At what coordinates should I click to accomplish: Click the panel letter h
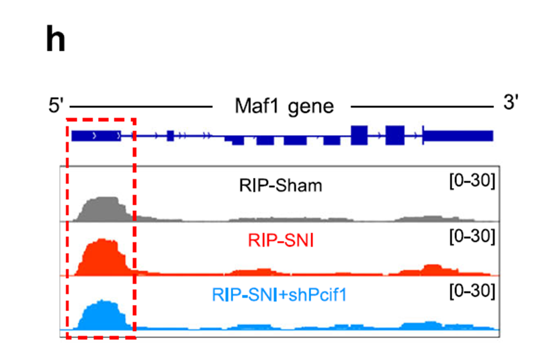(55, 41)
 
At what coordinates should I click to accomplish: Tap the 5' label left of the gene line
(56, 106)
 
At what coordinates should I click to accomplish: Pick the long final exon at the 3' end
(458, 136)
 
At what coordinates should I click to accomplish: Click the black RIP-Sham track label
(280, 185)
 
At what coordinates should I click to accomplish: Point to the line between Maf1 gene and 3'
(421, 106)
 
